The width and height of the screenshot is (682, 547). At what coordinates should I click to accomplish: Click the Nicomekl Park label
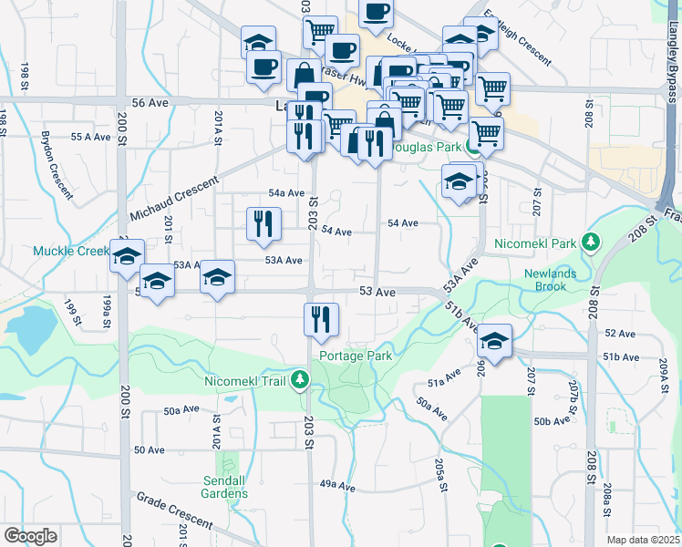pyautogui.click(x=538, y=243)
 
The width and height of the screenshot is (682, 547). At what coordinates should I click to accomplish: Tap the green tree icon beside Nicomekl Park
pyautogui.click(x=592, y=243)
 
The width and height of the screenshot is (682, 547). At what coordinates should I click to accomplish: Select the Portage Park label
pyautogui.click(x=356, y=356)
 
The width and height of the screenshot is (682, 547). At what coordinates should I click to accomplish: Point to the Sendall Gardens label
pyautogui.click(x=225, y=487)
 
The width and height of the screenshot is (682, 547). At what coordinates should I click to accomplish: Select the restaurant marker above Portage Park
pyautogui.click(x=321, y=318)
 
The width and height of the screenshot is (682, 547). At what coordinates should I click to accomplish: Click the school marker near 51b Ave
pyautogui.click(x=494, y=341)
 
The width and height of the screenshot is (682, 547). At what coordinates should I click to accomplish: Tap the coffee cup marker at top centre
pyautogui.click(x=376, y=13)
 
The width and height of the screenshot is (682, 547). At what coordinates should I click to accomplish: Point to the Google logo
pyautogui.click(x=31, y=536)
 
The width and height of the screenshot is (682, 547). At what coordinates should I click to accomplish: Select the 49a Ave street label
pyautogui.click(x=336, y=487)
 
